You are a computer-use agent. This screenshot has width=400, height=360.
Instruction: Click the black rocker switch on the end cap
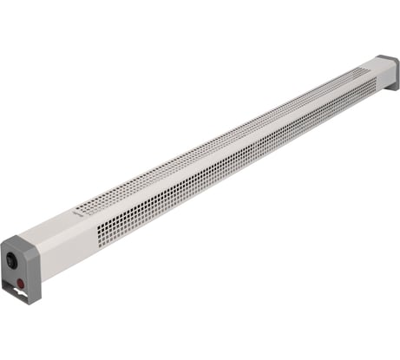pos(12,259)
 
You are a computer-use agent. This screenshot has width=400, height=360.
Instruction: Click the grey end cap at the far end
pos(390,71)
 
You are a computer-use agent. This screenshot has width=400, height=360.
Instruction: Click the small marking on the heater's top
pos(82,210)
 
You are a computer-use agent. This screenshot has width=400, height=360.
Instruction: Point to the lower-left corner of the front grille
pos(99,245)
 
